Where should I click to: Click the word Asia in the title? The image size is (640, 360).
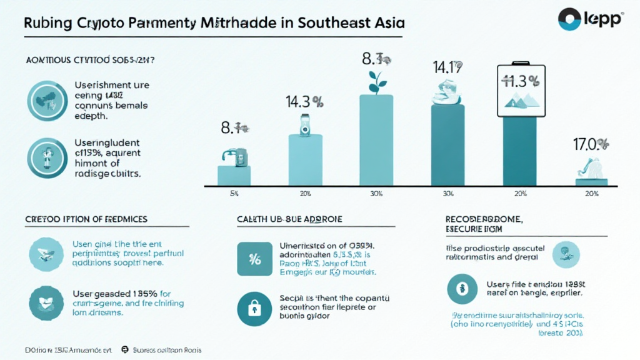point(384,23)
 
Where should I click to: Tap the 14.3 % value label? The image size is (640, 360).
point(304,102)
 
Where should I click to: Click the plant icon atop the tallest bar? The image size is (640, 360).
point(376,82)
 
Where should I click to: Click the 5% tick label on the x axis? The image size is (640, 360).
point(234,194)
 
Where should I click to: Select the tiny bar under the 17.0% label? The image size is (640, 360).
point(591,182)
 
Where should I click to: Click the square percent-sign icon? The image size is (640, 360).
point(255,259)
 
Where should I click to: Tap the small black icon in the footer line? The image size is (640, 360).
point(124,350)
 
